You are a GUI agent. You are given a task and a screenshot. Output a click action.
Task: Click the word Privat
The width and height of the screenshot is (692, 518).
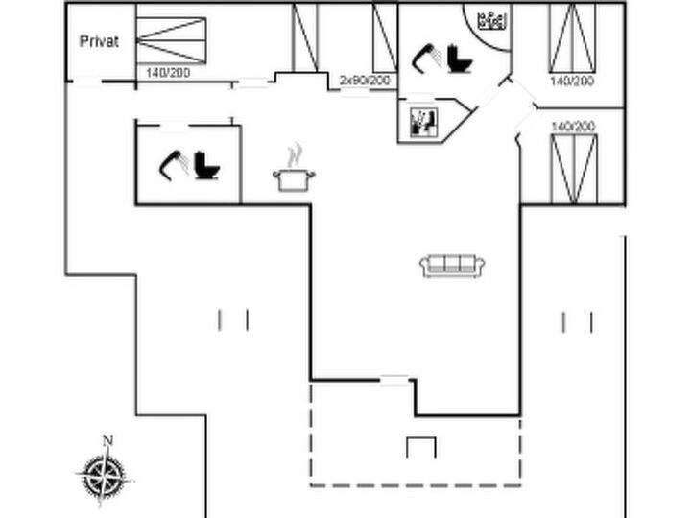point(99,41)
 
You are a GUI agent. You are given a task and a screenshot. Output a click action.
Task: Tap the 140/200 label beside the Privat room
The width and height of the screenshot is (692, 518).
point(168,72)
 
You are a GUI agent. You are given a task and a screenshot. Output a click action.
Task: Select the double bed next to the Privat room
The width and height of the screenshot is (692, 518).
point(171,40)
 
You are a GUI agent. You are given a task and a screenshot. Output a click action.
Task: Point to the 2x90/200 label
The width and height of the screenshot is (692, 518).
point(365,81)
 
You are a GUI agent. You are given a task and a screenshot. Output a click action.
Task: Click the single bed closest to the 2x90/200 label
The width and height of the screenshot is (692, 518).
point(385,38)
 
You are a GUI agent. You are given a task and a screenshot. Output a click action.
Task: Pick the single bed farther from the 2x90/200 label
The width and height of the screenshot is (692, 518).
point(305,37)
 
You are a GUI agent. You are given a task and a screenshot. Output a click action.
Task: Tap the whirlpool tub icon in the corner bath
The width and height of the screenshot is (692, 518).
point(491,21)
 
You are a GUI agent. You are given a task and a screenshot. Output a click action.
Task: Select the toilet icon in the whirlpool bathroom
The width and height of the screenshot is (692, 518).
point(460,59)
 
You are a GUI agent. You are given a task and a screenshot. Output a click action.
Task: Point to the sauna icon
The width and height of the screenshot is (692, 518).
point(423,122)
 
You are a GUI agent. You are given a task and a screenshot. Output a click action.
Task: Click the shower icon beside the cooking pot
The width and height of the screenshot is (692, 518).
point(175,165)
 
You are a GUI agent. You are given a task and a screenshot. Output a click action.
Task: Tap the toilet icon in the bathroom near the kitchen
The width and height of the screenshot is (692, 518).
point(206,165)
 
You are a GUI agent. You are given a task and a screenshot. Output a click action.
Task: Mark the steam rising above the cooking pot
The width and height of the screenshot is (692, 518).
point(294,154)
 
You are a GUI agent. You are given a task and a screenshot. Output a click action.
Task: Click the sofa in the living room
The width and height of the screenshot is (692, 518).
point(452,266)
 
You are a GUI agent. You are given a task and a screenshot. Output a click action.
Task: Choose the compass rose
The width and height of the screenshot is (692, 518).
point(105,476)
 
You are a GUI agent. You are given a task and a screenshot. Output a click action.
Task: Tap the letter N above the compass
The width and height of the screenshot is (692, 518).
point(107,440)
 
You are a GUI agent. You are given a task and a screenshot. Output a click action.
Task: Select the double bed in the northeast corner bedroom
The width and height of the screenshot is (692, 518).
point(572,38)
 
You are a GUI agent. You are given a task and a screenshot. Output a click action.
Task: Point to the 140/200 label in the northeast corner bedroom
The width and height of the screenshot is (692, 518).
point(572,81)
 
